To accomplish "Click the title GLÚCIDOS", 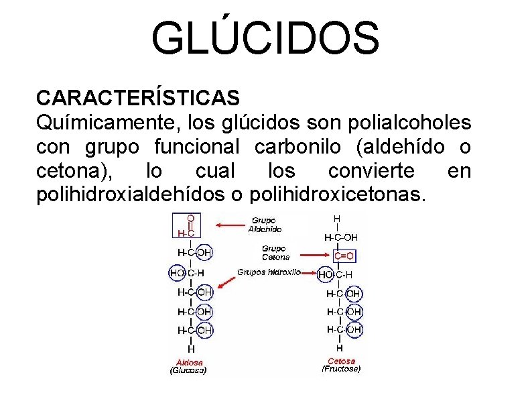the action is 265,38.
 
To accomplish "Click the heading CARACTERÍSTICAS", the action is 137,98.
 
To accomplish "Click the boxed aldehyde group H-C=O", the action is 187,226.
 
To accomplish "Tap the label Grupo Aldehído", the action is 264,224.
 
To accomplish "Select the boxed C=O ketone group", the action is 342,255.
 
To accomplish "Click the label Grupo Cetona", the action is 275,252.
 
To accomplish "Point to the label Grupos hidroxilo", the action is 268,272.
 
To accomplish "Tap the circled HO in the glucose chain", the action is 177,273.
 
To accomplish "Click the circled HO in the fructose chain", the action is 326,274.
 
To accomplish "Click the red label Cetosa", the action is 341,361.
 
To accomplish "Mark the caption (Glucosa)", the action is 188,370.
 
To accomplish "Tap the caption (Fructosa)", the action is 341,369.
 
